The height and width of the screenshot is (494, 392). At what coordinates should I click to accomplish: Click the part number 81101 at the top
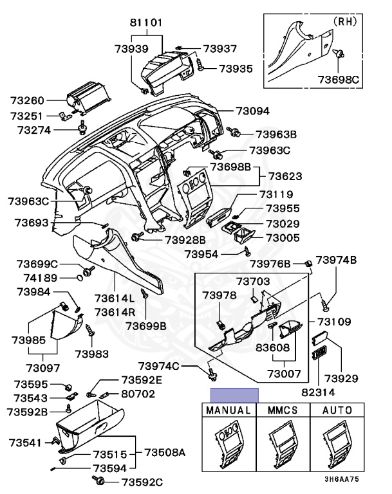tap(146, 23)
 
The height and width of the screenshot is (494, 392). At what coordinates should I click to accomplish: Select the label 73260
tap(27, 101)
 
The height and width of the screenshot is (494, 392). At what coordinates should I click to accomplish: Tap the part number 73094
tap(253, 111)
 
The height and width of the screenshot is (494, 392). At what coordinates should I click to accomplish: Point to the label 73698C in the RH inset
tap(339, 79)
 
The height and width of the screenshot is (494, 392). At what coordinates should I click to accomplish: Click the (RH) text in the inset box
tap(345, 21)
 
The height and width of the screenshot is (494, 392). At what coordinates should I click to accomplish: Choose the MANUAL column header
tap(229, 410)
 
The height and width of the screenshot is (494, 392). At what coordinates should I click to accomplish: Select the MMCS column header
tap(283, 410)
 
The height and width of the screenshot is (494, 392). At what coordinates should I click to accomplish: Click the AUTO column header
tap(337, 410)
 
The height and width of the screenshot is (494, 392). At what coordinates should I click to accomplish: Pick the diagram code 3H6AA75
tap(342, 479)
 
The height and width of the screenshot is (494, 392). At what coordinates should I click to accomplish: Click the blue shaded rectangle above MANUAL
tap(235, 396)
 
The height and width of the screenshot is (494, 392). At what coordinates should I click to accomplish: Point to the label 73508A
tap(165, 453)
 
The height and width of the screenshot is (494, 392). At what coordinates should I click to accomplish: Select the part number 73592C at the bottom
tap(142, 482)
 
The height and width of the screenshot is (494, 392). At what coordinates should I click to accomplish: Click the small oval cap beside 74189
tap(80, 278)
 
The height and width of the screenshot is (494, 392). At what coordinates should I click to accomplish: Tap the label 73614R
tap(115, 312)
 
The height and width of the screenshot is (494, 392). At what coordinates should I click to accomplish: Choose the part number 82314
tap(318, 392)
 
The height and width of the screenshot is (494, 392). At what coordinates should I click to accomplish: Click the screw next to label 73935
tap(200, 64)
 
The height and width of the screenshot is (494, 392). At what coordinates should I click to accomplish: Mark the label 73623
tap(285, 176)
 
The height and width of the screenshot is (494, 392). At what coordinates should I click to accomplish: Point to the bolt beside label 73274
tap(82, 127)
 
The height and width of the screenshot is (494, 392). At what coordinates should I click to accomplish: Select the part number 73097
tap(43, 368)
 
